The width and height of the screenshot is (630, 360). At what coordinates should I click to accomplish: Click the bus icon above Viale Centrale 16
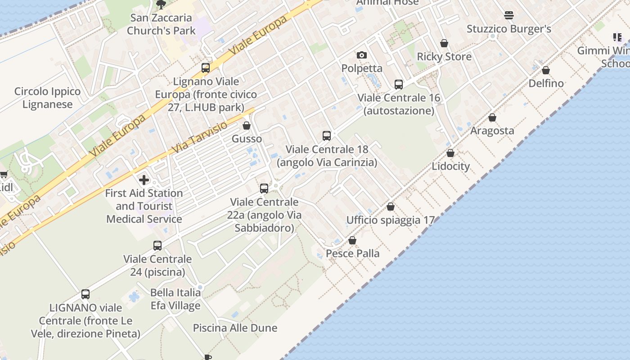tap(399, 84)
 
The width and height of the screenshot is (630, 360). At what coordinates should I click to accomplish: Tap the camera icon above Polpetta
tap(361, 55)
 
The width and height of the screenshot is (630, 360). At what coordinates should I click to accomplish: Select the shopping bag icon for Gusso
tap(247, 126)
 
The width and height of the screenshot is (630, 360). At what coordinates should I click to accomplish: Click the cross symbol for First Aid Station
tap(144, 180)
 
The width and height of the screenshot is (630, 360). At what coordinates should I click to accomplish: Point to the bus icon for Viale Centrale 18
tap(327, 135)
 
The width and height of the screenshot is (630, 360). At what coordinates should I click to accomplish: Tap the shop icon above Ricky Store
tap(444, 43)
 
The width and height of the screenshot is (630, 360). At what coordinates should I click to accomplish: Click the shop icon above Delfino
tap(546, 70)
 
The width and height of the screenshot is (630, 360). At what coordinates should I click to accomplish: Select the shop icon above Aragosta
tap(492, 117)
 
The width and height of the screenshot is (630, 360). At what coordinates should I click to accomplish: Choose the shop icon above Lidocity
tap(450, 153)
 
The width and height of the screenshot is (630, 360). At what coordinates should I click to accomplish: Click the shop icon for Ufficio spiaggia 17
tap(391, 207)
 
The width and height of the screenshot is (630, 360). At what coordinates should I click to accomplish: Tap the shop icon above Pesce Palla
tap(352, 240)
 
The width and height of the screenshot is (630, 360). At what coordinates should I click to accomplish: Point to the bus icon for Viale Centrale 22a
tap(264, 189)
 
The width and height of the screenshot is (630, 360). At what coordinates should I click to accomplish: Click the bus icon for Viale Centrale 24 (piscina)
tap(157, 246)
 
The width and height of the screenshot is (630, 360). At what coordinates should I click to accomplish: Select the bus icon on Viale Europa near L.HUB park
tap(206, 68)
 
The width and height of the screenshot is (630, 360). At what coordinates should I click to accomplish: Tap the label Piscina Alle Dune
tap(235, 328)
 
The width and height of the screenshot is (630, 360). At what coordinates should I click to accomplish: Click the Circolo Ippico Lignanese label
tap(47, 98)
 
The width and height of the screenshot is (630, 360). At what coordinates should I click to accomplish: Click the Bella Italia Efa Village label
tap(175, 299)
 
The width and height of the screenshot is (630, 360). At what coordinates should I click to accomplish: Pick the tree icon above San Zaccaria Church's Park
tap(161, 5)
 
